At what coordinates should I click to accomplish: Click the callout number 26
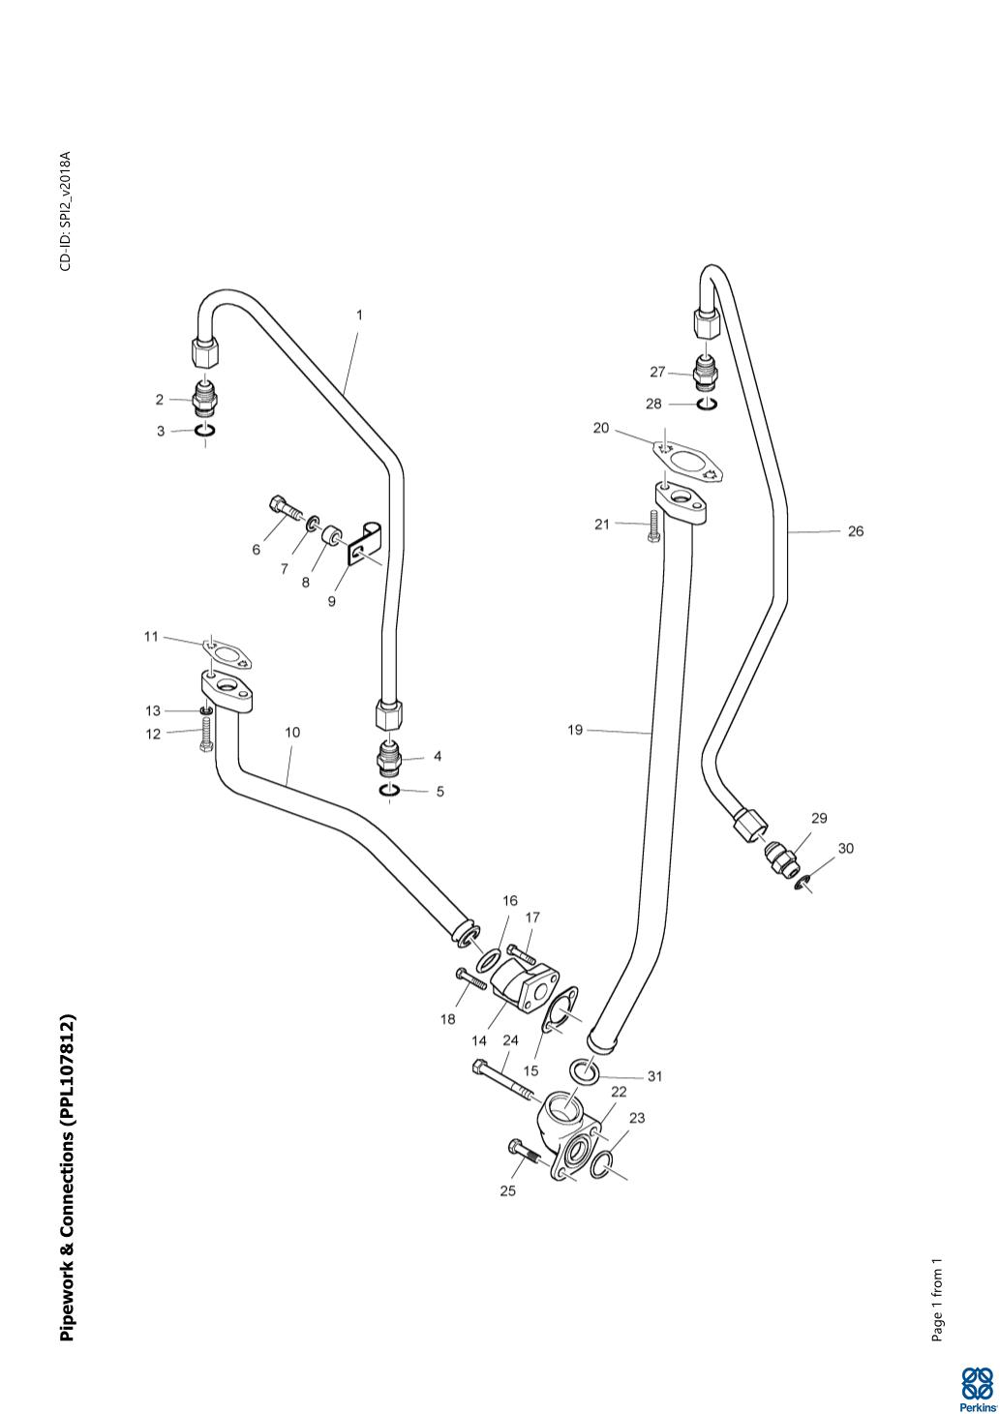coord(856,531)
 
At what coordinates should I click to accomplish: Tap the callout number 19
coord(575,731)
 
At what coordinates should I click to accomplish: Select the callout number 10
coord(292,733)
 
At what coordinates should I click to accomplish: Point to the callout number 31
coord(654,1076)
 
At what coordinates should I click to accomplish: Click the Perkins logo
coord(976,1388)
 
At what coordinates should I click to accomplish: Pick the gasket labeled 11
coord(227,654)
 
